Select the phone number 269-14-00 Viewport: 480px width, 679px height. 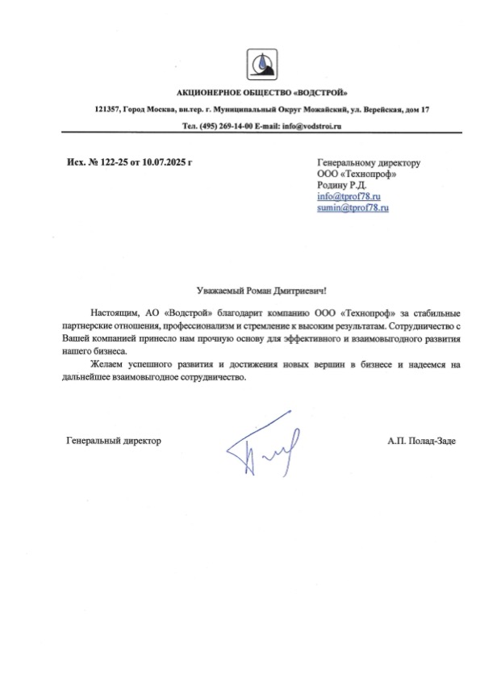tap(232, 127)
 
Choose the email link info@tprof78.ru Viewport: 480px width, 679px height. tap(349, 196)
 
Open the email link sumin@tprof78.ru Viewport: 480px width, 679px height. tap(353, 207)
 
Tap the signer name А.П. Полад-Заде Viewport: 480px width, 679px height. tap(420, 441)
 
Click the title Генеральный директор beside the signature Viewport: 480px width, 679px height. tap(113, 441)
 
